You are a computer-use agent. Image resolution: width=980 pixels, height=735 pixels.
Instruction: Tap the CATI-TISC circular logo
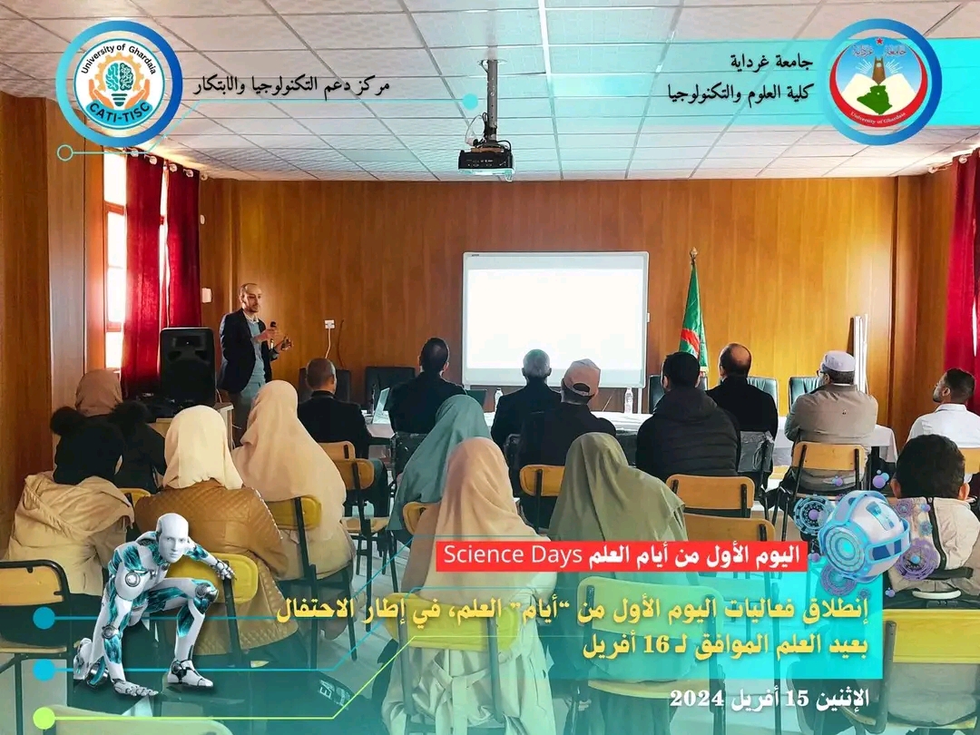point(119,83)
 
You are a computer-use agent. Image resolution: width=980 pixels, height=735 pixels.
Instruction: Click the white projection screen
point(555,318)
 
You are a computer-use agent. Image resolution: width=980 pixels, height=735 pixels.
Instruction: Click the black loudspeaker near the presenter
point(187,365)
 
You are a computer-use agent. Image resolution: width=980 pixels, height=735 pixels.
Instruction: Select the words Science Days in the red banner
point(513,555)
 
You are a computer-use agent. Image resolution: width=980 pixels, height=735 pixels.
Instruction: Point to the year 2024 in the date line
point(697,698)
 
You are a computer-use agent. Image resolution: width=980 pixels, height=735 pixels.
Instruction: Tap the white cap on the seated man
point(838,360)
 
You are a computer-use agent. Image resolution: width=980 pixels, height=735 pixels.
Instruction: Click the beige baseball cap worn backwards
point(582,377)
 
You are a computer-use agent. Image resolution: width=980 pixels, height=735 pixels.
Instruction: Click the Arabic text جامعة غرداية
point(772,62)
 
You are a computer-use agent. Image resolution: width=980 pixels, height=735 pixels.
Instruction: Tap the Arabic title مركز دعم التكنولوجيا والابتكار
point(291,85)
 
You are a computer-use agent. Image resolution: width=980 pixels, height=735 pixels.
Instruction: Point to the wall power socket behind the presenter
point(329,324)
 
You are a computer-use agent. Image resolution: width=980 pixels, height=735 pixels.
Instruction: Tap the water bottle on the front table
point(628,401)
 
